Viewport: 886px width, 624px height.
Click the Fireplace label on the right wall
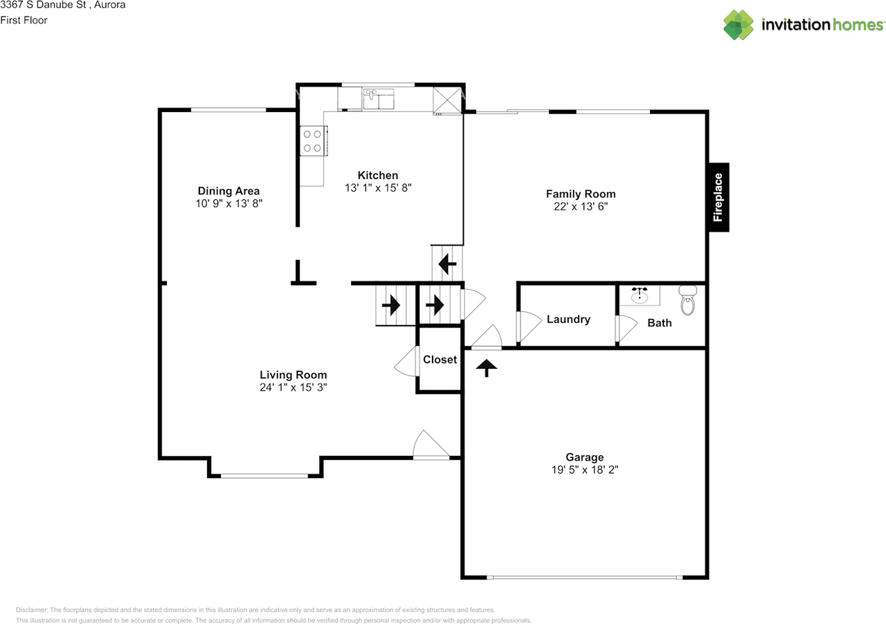click(718, 197)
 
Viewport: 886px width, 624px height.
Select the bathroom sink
click(639, 295)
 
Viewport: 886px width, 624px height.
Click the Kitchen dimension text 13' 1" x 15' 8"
click(378, 187)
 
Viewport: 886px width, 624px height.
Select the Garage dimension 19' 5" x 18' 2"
click(585, 469)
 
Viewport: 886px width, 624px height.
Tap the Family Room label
click(581, 194)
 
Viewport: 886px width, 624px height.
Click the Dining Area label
click(228, 191)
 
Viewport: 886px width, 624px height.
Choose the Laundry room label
click(568, 319)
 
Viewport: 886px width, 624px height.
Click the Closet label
click(440, 359)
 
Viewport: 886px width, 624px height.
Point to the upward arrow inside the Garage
click(487, 367)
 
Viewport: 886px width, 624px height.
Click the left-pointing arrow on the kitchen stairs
click(447, 263)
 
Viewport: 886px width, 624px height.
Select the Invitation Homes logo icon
click(738, 25)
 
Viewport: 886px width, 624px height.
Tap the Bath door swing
click(626, 329)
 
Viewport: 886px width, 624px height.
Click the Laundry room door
click(528, 326)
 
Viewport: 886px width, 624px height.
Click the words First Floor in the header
click(24, 20)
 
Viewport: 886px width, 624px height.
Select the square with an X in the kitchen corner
click(446, 100)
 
